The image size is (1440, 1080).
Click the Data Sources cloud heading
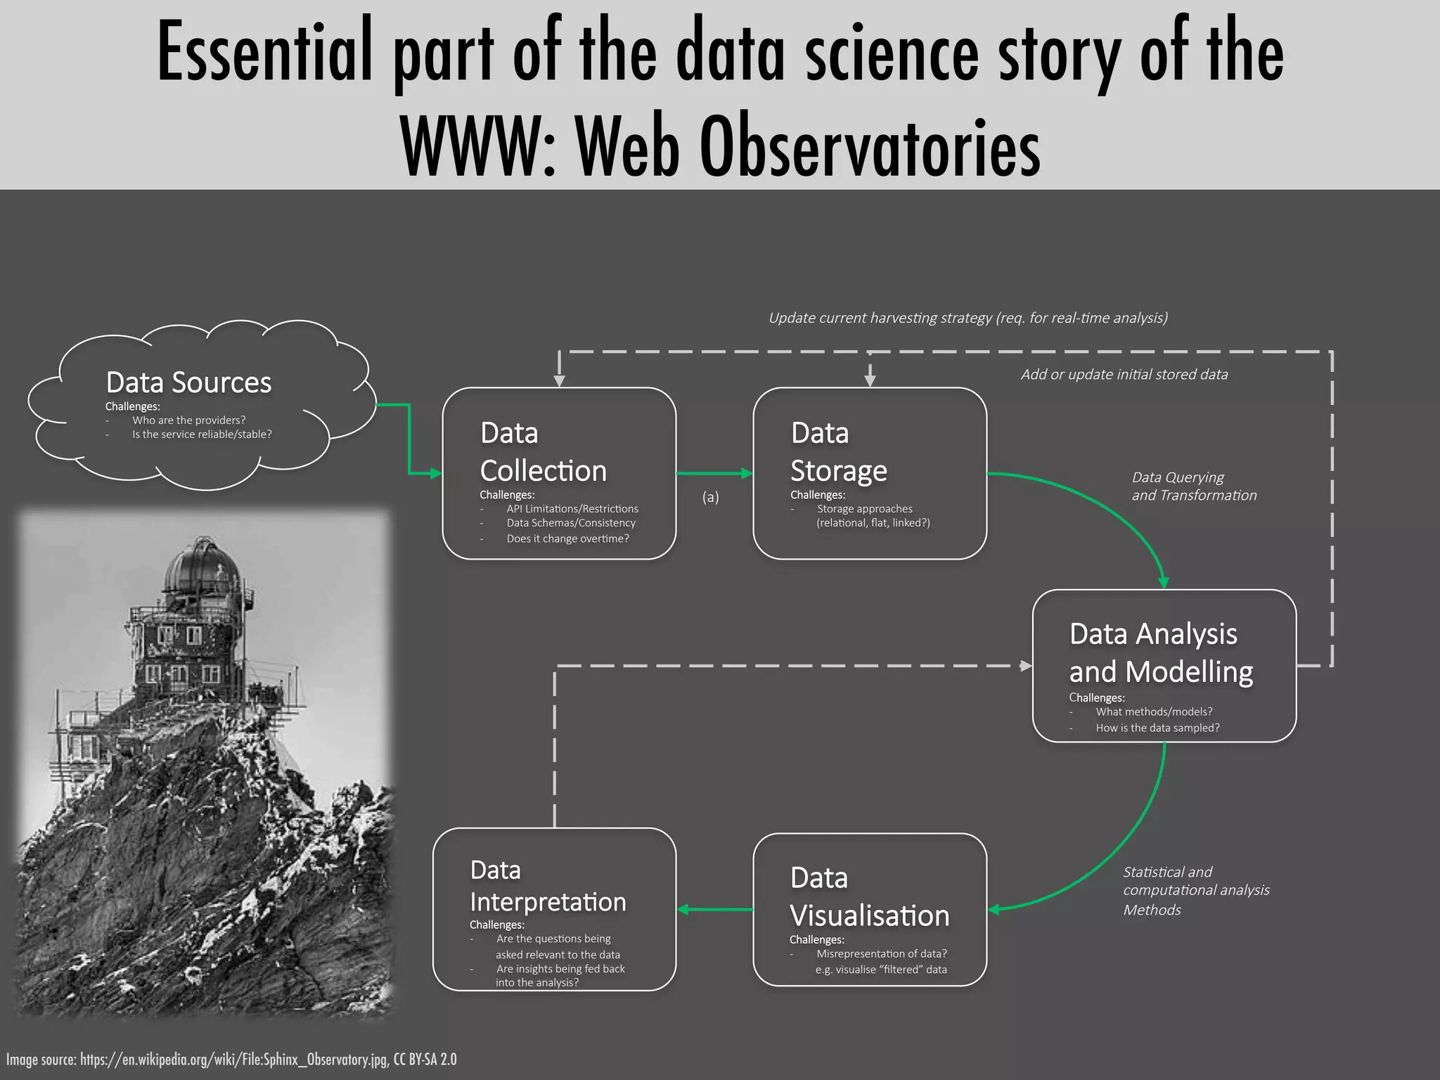click(x=188, y=382)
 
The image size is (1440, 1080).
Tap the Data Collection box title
click(x=543, y=452)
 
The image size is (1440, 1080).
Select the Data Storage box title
click(x=838, y=452)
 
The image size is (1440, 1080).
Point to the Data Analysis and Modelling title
click(x=1160, y=652)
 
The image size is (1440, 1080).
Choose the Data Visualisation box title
click(x=869, y=897)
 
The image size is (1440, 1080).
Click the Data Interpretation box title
click(x=547, y=886)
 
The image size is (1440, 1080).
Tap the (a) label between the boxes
click(x=710, y=497)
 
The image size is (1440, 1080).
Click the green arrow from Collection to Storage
click(x=714, y=473)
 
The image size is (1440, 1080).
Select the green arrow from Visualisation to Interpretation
click(x=714, y=909)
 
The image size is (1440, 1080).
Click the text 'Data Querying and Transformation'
click(x=1193, y=486)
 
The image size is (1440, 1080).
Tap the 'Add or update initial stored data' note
click(x=1124, y=374)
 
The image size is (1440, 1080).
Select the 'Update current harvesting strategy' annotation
click(x=967, y=318)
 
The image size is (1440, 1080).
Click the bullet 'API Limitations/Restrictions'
click(x=572, y=508)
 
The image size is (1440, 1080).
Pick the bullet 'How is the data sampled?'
click(x=1157, y=728)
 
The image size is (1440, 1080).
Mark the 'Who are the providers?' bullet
click(x=188, y=420)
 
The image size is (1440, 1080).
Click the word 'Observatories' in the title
click(x=869, y=148)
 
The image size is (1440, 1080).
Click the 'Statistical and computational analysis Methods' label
click(x=1195, y=890)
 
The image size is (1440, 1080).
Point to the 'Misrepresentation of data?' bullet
click(x=881, y=953)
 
